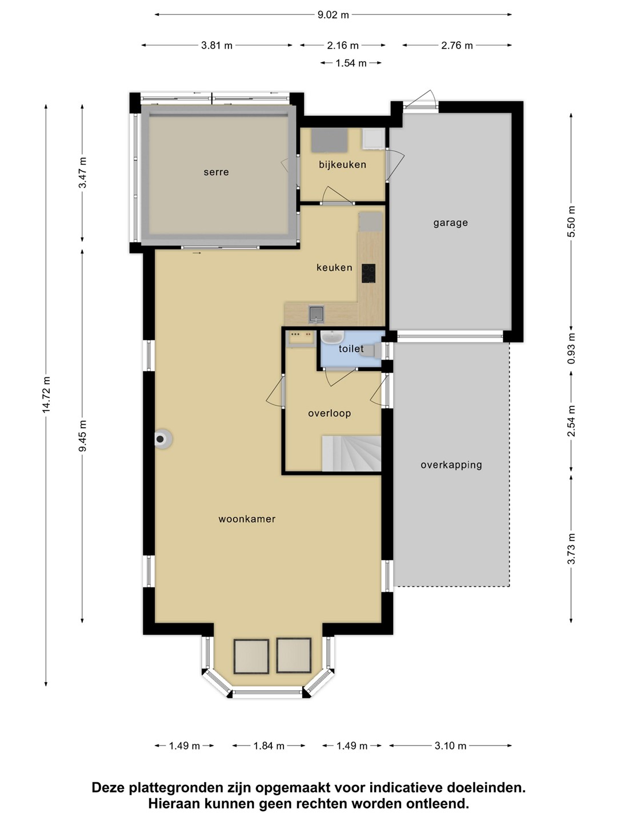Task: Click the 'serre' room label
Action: tap(216, 172)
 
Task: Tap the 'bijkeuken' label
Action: tap(342, 164)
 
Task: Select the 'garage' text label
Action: tap(451, 223)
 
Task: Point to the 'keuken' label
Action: tap(335, 267)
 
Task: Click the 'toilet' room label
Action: tap(351, 349)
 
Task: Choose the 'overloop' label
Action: tap(330, 413)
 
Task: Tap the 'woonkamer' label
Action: tap(247, 519)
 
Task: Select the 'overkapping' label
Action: tap(451, 465)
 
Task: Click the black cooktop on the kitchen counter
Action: tap(368, 273)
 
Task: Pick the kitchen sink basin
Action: tap(316, 314)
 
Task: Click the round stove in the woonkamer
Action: tap(163, 438)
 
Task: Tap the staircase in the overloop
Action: tap(351, 453)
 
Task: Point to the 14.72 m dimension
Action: tap(46, 395)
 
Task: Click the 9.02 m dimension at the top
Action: tap(333, 15)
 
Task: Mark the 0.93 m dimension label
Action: tap(571, 348)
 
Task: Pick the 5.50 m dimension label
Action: tap(571, 221)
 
